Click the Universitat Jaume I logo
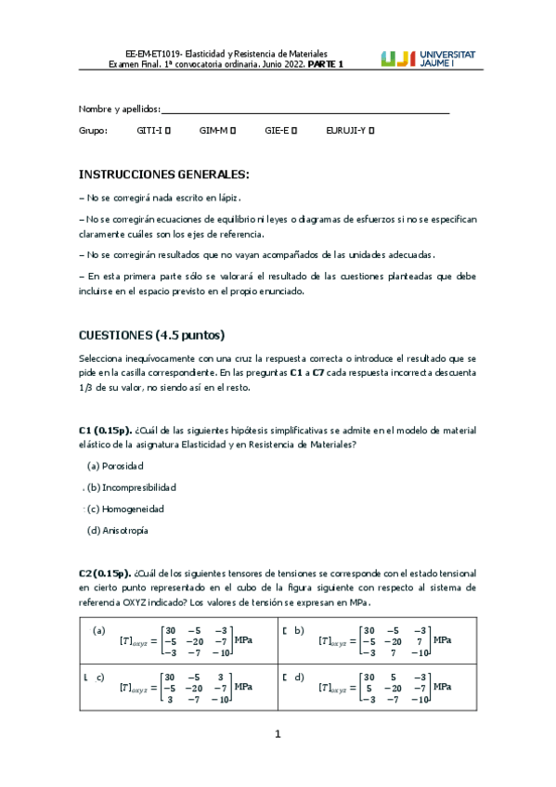tap(428, 58)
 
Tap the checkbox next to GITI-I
tap(168, 131)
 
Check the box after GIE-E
tap(294, 131)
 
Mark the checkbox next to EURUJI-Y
tap(371, 131)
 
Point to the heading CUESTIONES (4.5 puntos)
tap(151, 335)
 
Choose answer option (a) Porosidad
tap(115, 465)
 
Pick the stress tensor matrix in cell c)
tap(196, 687)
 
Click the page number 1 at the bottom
tap(278, 735)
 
